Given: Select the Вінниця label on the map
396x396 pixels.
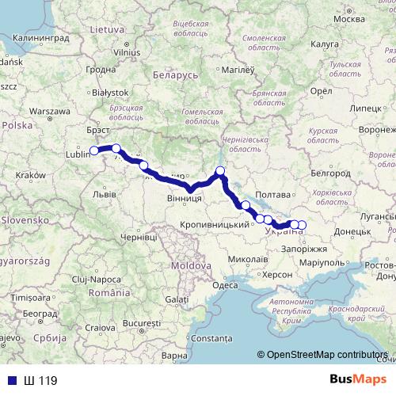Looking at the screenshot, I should pos(183,200).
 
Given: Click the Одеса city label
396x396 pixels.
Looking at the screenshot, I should pos(225,285).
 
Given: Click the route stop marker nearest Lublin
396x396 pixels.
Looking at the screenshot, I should pos(93,150).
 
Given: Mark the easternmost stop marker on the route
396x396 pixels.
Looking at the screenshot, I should pos(301,225).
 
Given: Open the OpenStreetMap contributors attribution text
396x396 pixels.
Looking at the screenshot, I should pos(325,355).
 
